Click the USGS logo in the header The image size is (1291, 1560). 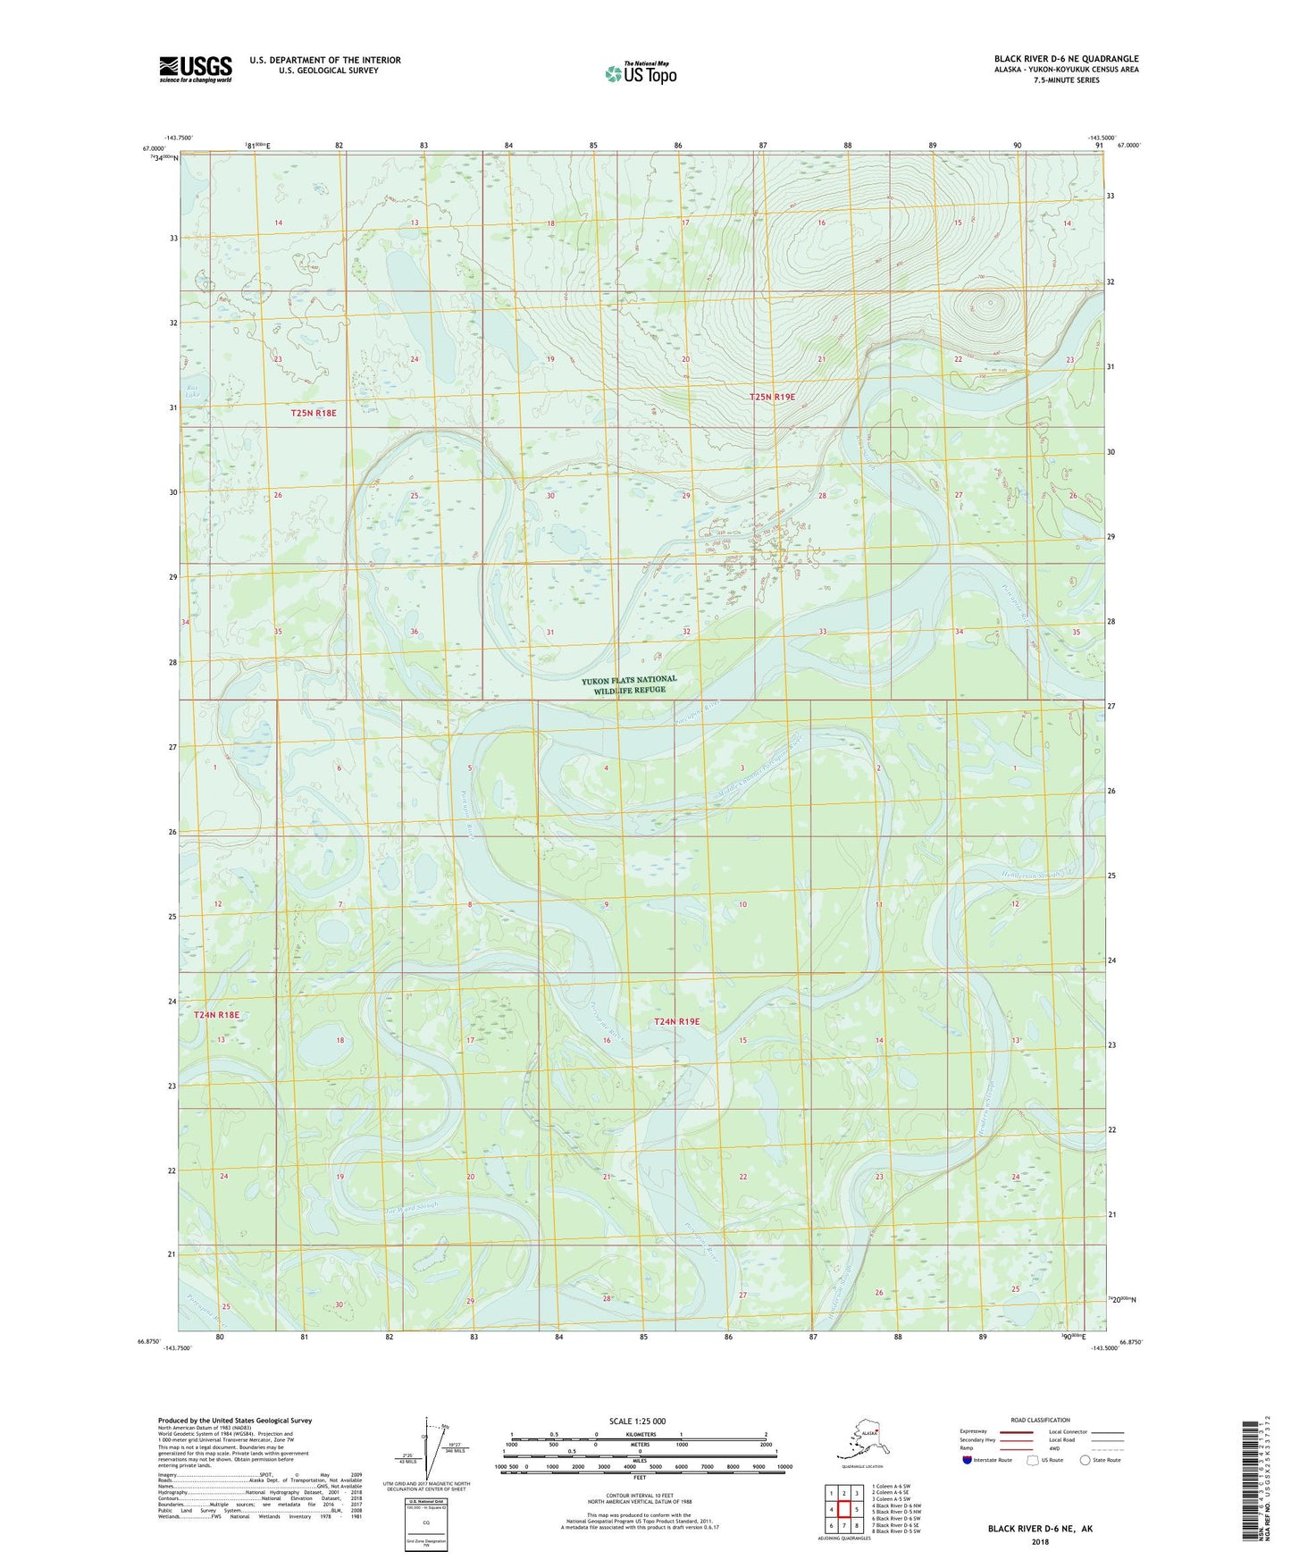pyautogui.click(x=196, y=69)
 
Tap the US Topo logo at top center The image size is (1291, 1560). pyautogui.click(x=641, y=72)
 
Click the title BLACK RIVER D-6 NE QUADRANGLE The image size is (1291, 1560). pyautogui.click(x=1066, y=59)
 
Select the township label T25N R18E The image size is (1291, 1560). pyautogui.click(x=314, y=413)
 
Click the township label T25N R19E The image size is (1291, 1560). pyautogui.click(x=772, y=397)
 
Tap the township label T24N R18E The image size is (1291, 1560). pyautogui.click(x=217, y=1015)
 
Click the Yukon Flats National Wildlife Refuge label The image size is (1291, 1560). pyautogui.click(x=629, y=684)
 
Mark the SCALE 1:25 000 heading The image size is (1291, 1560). pyautogui.click(x=638, y=1421)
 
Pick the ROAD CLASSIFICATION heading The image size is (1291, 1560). pyautogui.click(x=1040, y=1420)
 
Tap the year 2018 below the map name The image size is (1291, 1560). pyautogui.click(x=1040, y=1542)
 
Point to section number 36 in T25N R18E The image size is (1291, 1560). pyautogui.click(x=415, y=632)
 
